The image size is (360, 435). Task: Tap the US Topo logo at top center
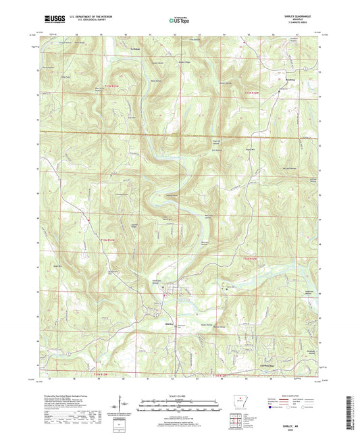pyautogui.click(x=179, y=21)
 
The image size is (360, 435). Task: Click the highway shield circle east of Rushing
pyautogui.click(x=305, y=70)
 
